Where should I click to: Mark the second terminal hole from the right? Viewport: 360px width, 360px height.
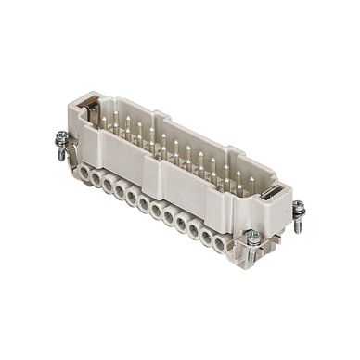206,240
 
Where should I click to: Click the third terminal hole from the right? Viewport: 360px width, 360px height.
193,232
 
